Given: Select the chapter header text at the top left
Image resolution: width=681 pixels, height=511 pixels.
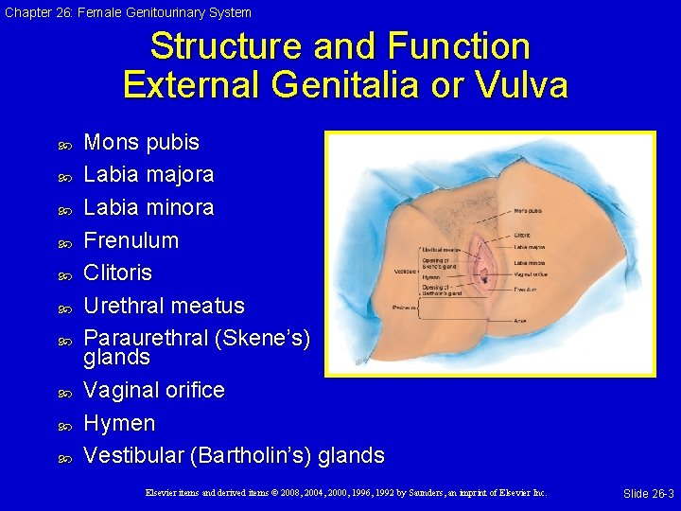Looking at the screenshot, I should (x=127, y=12).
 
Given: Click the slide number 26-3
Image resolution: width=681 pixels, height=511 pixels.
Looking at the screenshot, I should (x=648, y=494).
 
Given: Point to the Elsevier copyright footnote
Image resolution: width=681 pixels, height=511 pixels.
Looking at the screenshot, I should (x=346, y=493).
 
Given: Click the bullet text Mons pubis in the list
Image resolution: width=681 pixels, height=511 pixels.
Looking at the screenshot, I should (x=141, y=142).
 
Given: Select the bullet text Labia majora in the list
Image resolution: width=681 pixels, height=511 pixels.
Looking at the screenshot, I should (x=148, y=174).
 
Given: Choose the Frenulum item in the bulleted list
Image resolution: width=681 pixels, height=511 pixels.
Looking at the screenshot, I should (x=131, y=240).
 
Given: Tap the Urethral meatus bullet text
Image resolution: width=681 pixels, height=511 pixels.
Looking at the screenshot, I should (x=164, y=306).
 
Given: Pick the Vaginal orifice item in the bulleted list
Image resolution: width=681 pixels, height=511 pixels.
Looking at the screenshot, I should (x=154, y=390).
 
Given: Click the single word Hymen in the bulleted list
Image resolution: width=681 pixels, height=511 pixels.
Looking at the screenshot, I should (x=119, y=423).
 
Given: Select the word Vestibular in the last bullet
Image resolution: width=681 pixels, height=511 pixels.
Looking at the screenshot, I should (x=133, y=455).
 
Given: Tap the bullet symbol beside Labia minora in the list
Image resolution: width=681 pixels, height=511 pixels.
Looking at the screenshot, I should (x=65, y=208).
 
